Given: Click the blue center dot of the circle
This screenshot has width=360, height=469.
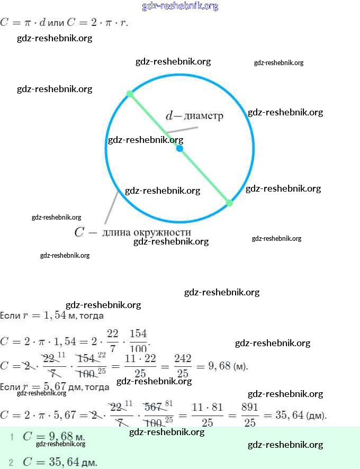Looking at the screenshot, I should coord(179,149).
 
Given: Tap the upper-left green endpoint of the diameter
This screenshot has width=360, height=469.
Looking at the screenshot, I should coord(129,94).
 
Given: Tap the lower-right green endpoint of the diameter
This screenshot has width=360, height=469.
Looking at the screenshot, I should coord(229,203).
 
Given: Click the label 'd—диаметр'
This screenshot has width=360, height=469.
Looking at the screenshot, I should coord(194,116).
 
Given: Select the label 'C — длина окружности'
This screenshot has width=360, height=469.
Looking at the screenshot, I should coord(132,232).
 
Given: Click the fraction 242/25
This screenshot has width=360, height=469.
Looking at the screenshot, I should coord(183,366).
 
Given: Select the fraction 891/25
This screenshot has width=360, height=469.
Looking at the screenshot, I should coord(249,415).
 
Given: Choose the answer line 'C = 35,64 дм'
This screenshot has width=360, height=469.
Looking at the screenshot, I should coord(60,462).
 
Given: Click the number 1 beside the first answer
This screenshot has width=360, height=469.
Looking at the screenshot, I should coord(11,437).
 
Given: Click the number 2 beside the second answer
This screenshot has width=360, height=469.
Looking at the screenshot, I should coord(11,462).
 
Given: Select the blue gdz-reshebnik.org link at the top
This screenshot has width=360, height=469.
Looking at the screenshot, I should coord(180,6).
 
